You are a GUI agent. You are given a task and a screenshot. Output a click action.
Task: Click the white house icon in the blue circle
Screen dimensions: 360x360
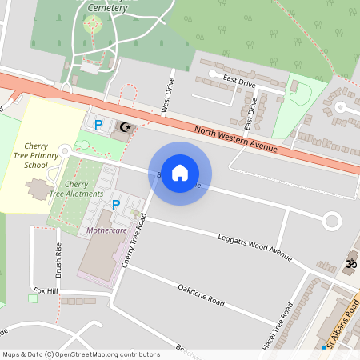[180, 173]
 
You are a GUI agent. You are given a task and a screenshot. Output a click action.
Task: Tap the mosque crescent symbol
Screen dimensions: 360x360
[123, 126]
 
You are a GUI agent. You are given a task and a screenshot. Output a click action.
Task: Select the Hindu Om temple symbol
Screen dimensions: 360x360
[349, 262]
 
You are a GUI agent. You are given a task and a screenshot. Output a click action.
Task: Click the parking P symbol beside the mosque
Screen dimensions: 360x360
[98, 124]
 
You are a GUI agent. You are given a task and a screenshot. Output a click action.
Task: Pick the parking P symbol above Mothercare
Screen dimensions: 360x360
[116, 205]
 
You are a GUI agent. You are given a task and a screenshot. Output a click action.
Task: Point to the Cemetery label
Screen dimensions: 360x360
[106, 6]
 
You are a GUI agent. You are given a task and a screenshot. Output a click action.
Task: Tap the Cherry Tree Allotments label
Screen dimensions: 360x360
[76, 189]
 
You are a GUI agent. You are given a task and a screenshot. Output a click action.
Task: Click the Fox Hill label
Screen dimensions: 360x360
[45, 290]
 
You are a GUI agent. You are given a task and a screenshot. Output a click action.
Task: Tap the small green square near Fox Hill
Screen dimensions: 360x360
[33, 299]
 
